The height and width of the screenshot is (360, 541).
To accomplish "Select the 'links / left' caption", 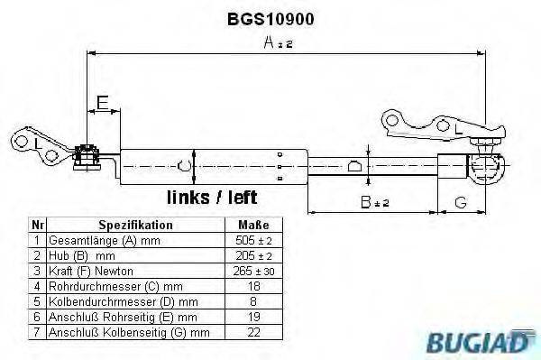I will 212,197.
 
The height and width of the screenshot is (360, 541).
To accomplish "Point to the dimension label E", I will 103,104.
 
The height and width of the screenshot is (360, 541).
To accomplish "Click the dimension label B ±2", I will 370,202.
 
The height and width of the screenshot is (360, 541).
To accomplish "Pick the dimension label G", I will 460,202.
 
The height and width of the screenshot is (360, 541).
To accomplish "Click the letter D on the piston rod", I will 353,165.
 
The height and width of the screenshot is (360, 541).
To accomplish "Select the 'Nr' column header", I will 36,226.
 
